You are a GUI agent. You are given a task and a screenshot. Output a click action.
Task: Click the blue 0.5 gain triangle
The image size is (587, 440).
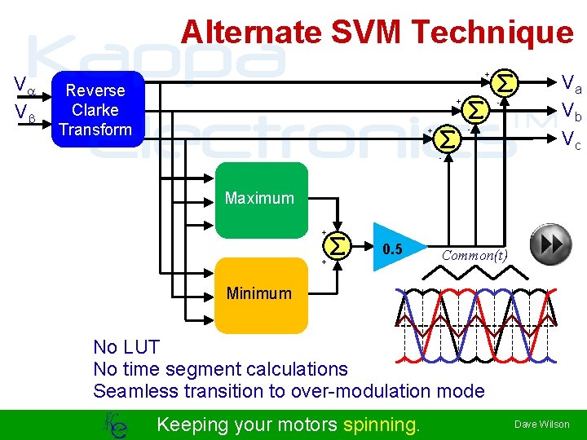point(396,249)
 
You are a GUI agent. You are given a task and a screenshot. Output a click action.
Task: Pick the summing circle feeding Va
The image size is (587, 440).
point(505,83)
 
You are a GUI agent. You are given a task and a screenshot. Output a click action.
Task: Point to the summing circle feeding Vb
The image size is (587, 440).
point(476,108)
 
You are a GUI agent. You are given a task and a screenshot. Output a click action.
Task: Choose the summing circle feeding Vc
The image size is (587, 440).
point(447,139)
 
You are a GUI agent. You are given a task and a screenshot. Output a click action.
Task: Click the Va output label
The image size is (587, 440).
point(571,83)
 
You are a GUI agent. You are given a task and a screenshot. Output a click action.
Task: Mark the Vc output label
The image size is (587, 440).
point(571,141)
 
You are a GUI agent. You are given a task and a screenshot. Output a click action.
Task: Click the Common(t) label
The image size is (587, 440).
point(474,255)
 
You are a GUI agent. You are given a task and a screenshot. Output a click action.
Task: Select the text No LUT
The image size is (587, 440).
point(126,348)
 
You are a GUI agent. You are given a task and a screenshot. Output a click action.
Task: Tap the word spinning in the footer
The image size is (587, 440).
point(382,424)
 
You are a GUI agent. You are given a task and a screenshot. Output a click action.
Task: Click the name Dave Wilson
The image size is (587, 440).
point(541,425)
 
